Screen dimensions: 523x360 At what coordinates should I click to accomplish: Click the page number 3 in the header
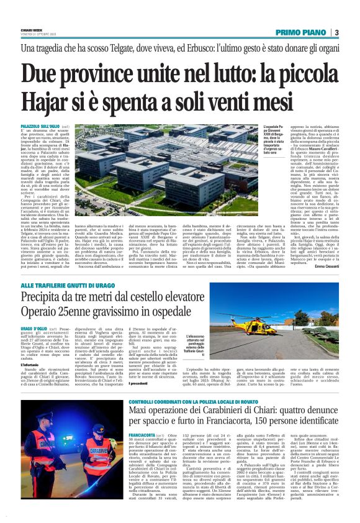[336, 32]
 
